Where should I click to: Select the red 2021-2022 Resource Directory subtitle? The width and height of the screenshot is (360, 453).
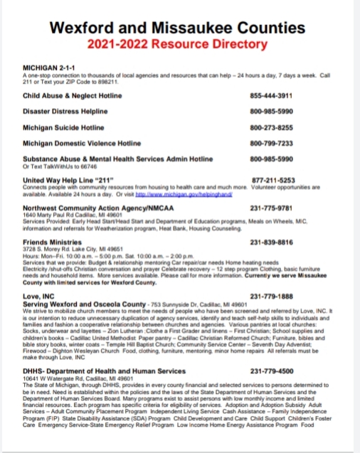pos(180,45)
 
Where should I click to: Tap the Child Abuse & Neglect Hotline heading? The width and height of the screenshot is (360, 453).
pos(76,95)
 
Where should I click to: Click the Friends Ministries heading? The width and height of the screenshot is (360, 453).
pos(55,243)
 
